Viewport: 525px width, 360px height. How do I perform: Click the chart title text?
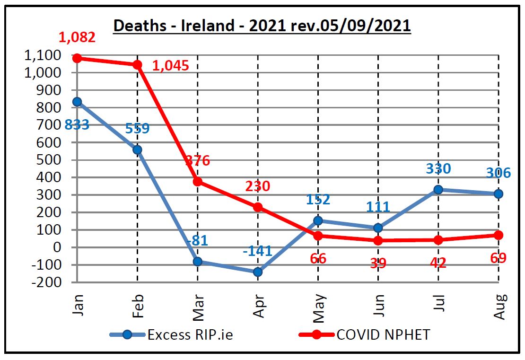pyautogui.click(x=262, y=26)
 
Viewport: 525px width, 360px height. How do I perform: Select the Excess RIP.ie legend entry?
pyautogui.click(x=189, y=334)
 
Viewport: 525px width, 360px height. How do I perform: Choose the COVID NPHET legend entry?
pyautogui.click(x=383, y=334)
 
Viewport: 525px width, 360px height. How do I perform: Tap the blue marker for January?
pyautogui.click(x=77, y=102)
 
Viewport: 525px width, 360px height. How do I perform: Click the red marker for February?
pyautogui.click(x=137, y=65)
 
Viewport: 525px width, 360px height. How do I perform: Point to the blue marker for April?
pyautogui.click(x=258, y=272)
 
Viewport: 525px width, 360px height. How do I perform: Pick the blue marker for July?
pyautogui.click(x=438, y=190)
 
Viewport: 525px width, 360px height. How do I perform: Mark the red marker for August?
pyautogui.click(x=499, y=235)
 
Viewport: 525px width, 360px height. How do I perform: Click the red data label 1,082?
pyautogui.click(x=77, y=37)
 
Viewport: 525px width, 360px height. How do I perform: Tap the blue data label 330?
pyautogui.click(x=438, y=168)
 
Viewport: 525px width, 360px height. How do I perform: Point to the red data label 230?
pyautogui.click(x=258, y=186)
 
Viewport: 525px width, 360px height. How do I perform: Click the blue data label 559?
pyautogui.click(x=137, y=128)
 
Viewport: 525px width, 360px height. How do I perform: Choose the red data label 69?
pyautogui.click(x=499, y=258)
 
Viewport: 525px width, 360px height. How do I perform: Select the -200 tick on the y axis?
pyautogui.click(x=45, y=282)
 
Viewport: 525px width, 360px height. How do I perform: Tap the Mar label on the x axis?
pyautogui.click(x=197, y=307)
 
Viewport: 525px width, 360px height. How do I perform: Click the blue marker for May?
pyautogui.click(x=318, y=220)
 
